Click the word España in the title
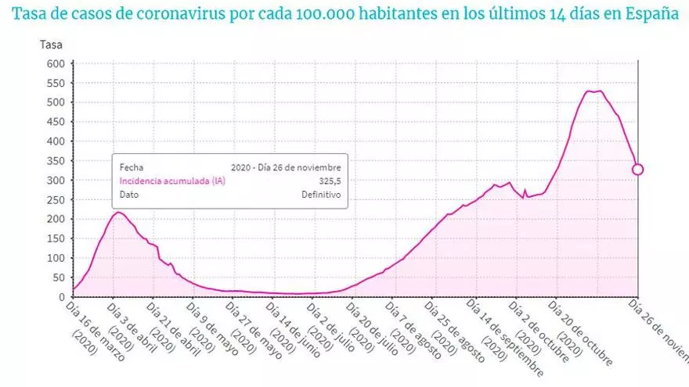(652, 15)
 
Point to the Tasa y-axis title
(52, 45)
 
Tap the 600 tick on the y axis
(54, 63)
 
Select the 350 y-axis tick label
(54, 160)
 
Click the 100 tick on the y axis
(54, 258)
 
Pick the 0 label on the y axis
(60, 297)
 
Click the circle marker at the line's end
(638, 170)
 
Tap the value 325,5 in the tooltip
(330, 181)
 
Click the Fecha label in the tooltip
(132, 167)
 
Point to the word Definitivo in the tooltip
(321, 195)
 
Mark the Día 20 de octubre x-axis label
(575, 329)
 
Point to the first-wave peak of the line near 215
(117, 212)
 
